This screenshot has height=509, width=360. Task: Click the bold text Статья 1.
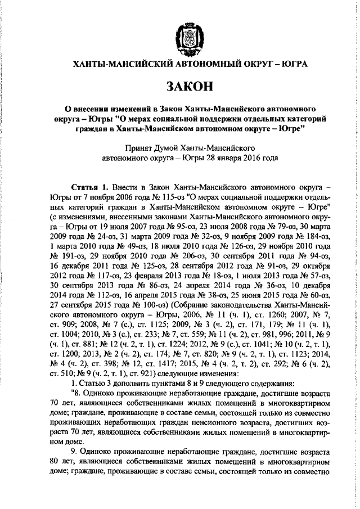[89, 185]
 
